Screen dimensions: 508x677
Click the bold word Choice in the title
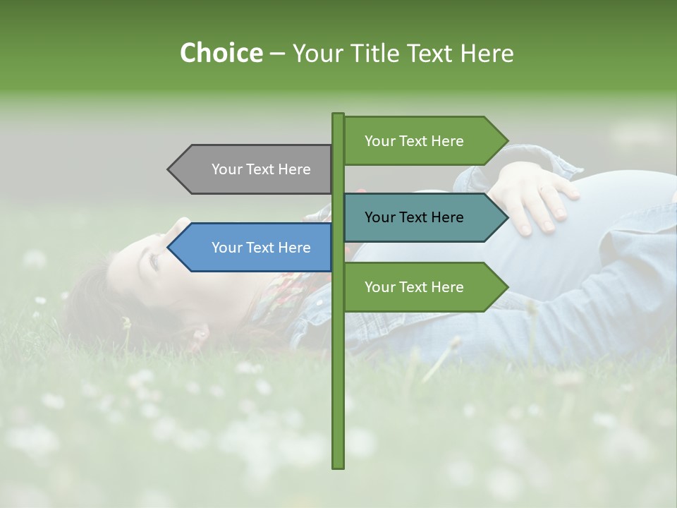[x=221, y=53]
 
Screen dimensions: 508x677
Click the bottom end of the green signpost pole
[x=338, y=466]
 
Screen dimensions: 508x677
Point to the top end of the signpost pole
[x=338, y=115]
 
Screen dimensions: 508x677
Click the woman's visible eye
[x=154, y=262]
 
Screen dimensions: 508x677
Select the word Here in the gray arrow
[x=294, y=169]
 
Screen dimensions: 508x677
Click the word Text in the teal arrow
[x=414, y=217]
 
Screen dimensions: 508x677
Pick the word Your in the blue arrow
[x=227, y=248]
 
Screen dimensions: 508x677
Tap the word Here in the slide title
[x=487, y=53]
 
